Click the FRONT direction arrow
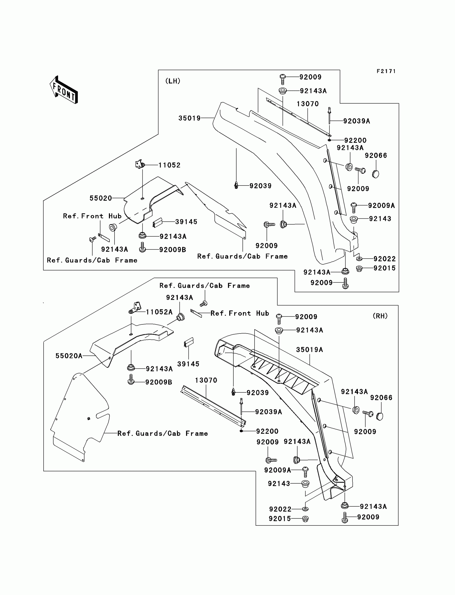click(64, 90)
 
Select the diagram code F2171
click(386, 71)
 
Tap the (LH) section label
click(173, 81)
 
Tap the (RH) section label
click(380, 316)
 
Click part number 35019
click(189, 118)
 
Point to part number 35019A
click(310, 350)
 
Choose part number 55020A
click(69, 356)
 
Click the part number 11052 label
click(169, 165)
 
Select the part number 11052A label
click(159, 312)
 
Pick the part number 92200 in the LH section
click(355, 140)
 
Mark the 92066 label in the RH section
click(381, 397)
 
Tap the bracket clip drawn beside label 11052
click(140, 164)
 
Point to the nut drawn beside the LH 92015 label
click(359, 269)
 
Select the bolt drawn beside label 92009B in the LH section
click(142, 248)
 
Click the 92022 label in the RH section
click(280, 509)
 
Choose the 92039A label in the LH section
click(357, 121)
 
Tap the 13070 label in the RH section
click(206, 380)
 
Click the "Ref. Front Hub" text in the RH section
click(240, 313)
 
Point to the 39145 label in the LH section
click(186, 222)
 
